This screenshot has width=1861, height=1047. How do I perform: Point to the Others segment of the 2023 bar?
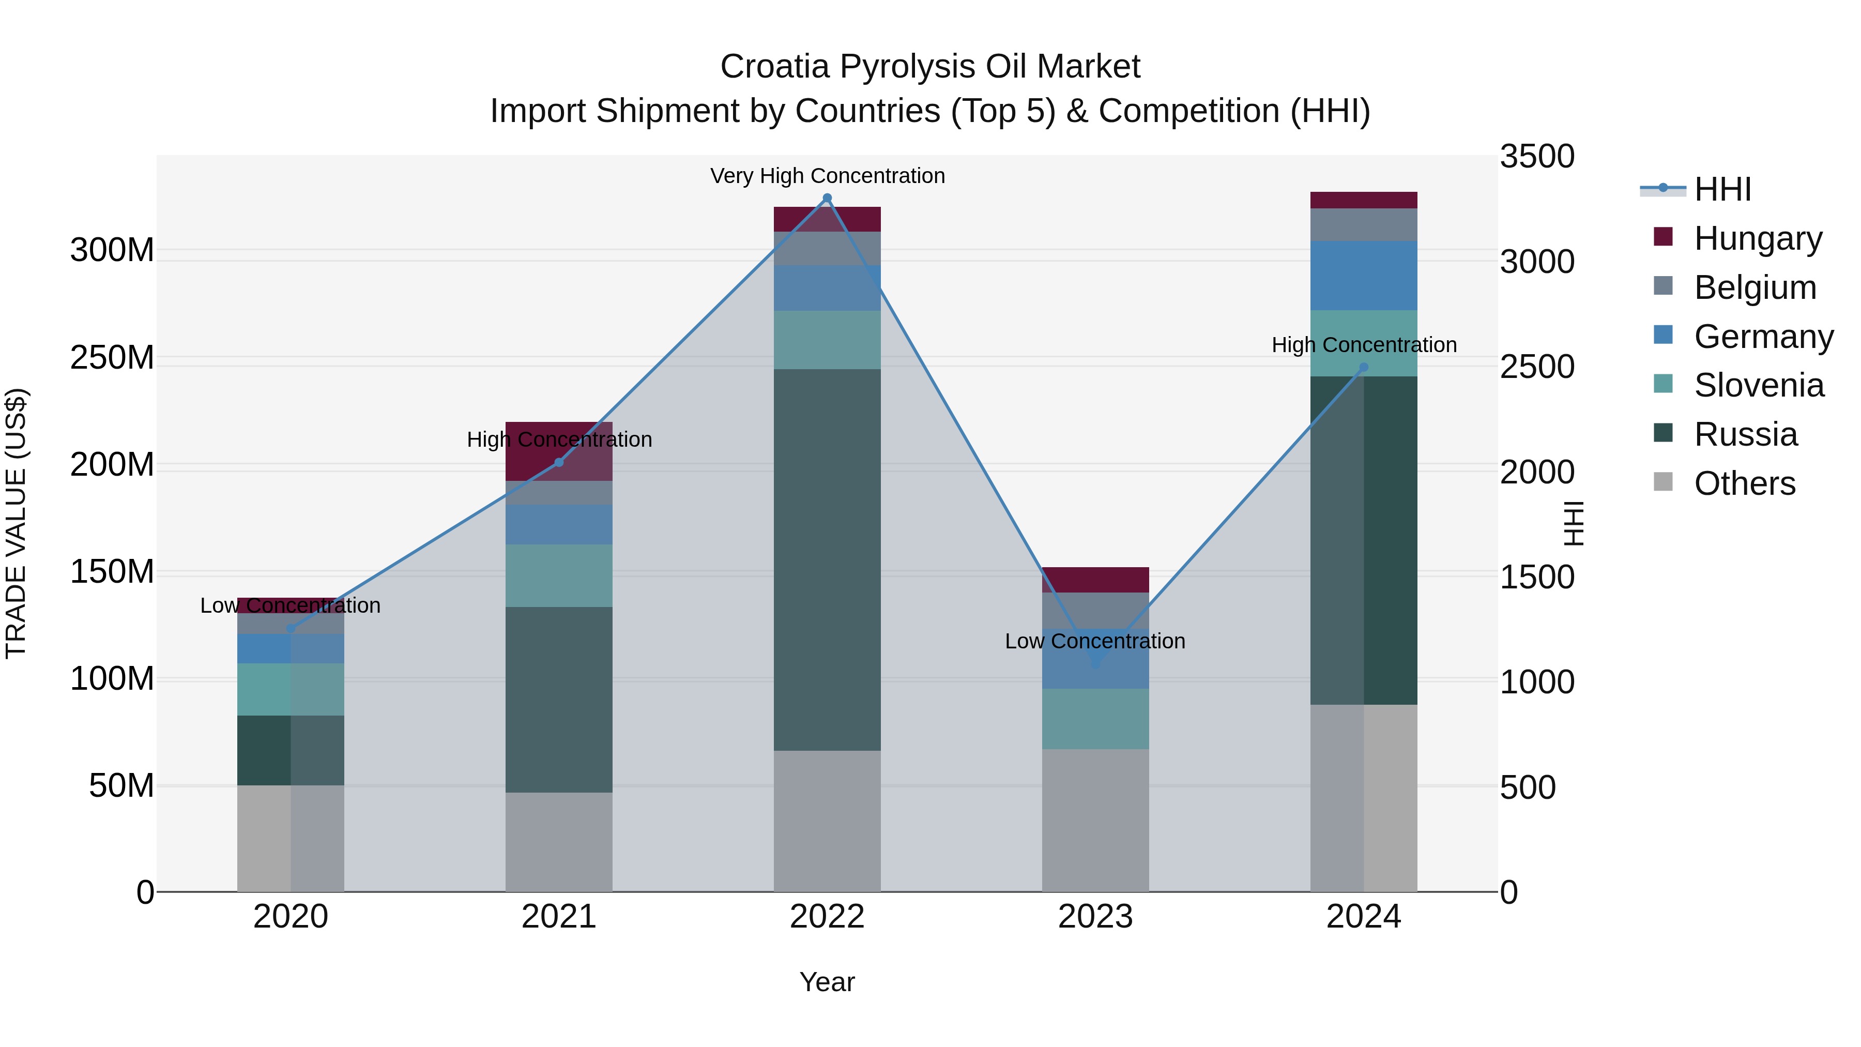(1095, 820)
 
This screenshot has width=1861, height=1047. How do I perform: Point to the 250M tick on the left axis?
(112, 358)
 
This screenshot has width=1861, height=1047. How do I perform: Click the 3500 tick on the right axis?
(1537, 157)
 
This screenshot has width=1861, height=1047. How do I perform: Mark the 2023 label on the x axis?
(1095, 917)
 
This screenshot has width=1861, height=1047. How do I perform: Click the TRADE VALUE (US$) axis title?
(16, 523)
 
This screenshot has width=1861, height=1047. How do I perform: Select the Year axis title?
(827, 982)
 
